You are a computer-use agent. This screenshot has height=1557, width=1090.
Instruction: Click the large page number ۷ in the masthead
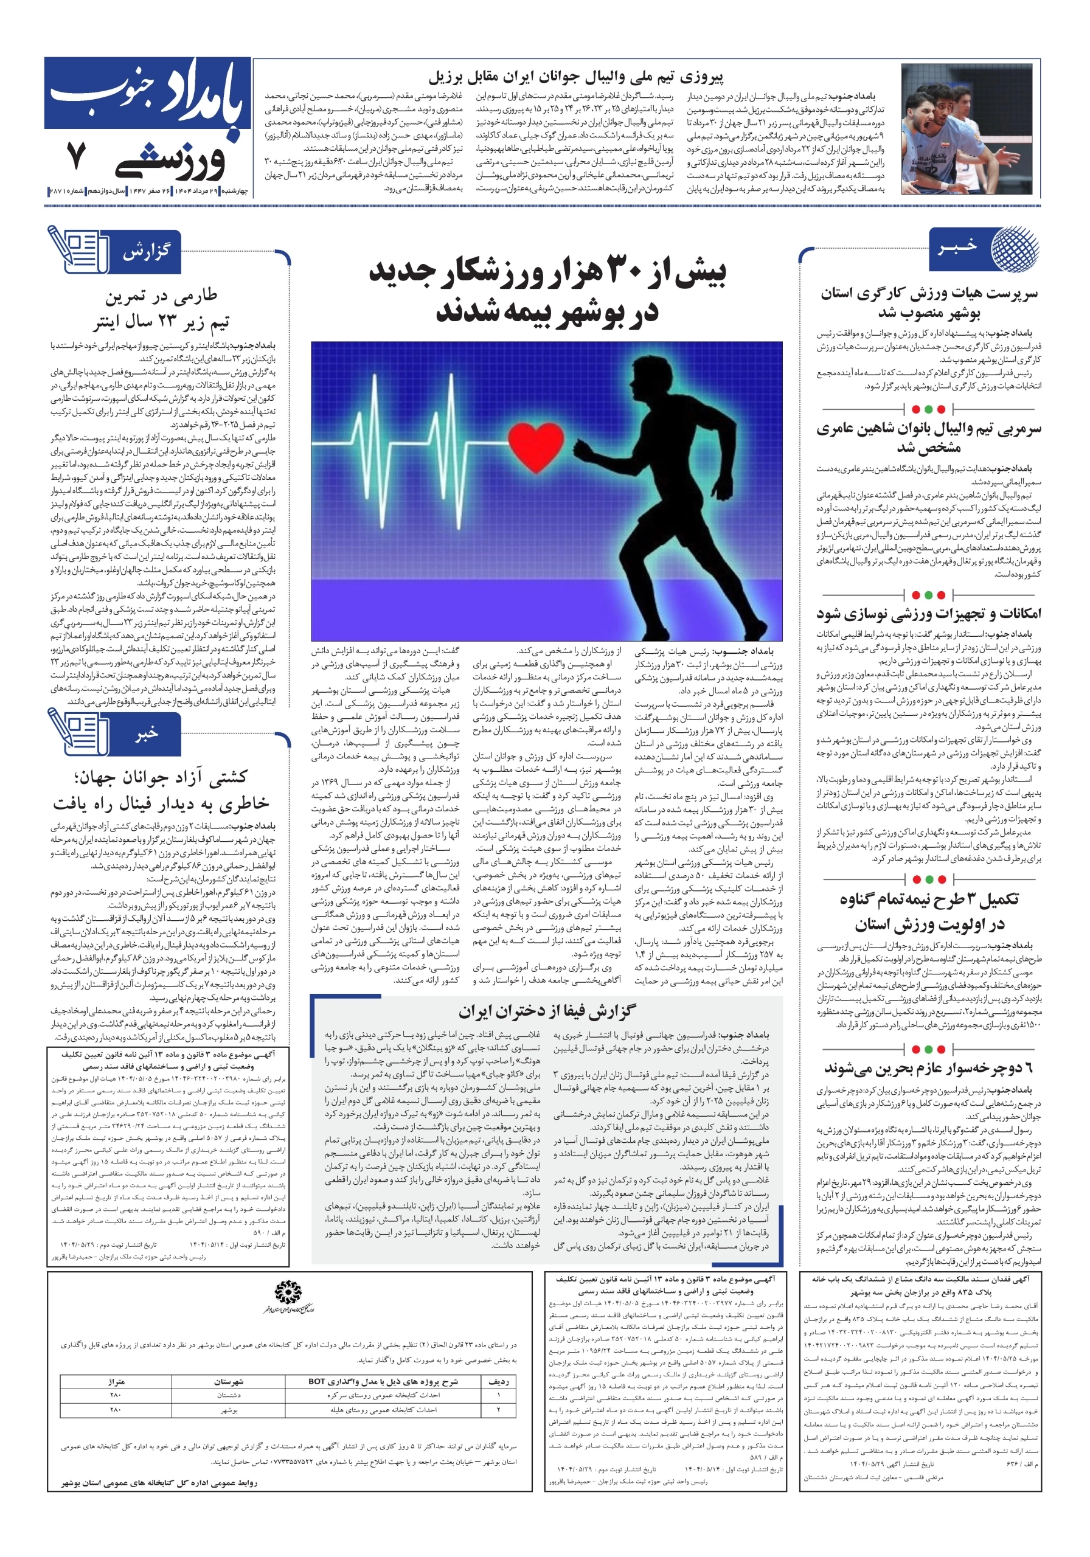(76, 155)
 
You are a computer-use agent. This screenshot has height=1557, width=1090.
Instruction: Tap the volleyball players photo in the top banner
(970, 129)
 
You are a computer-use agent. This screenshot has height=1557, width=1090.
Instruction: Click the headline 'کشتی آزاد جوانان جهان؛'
(161, 777)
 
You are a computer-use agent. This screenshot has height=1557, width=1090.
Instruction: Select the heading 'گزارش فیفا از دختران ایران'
(547, 1011)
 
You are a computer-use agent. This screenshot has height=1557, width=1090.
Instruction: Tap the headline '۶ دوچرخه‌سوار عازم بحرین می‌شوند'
(929, 1069)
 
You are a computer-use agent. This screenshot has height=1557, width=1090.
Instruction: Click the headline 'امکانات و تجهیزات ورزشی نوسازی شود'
(929, 614)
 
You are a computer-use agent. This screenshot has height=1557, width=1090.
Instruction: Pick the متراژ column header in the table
(116, 1381)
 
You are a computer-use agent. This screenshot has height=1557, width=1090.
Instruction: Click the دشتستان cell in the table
(229, 1395)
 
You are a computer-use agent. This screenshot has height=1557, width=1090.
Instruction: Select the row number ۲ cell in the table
(499, 1409)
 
